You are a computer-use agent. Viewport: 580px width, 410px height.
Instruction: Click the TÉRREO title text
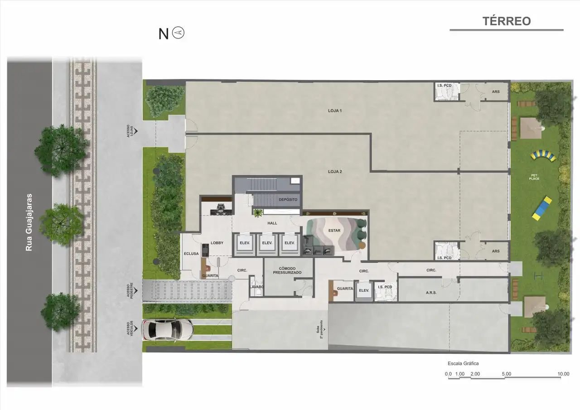(x=506, y=21)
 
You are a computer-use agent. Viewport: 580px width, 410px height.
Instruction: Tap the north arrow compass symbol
(x=179, y=33)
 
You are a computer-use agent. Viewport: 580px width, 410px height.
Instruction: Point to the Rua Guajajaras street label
(x=29, y=222)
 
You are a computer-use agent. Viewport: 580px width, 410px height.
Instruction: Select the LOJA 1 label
(x=334, y=111)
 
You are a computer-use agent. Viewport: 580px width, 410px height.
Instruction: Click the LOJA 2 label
(x=334, y=171)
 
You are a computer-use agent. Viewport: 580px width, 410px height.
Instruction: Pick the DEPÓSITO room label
(x=288, y=199)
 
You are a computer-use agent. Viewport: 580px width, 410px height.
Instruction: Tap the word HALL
(x=272, y=223)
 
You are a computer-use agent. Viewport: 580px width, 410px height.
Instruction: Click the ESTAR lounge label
(x=334, y=231)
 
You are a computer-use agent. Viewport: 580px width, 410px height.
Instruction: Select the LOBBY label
(x=217, y=243)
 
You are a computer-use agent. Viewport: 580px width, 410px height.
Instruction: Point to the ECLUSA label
(x=191, y=254)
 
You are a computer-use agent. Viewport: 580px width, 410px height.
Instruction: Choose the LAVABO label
(x=256, y=287)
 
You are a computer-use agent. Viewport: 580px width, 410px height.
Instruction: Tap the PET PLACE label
(x=533, y=177)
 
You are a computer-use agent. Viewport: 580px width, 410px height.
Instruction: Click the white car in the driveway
(x=167, y=329)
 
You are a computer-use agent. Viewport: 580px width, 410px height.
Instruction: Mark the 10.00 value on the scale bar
(x=563, y=374)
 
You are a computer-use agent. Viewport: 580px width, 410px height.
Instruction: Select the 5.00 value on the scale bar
(x=507, y=374)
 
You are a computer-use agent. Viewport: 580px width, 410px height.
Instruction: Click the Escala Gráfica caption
(x=463, y=363)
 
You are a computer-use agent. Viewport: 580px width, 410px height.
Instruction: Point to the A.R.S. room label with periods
(x=431, y=293)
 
